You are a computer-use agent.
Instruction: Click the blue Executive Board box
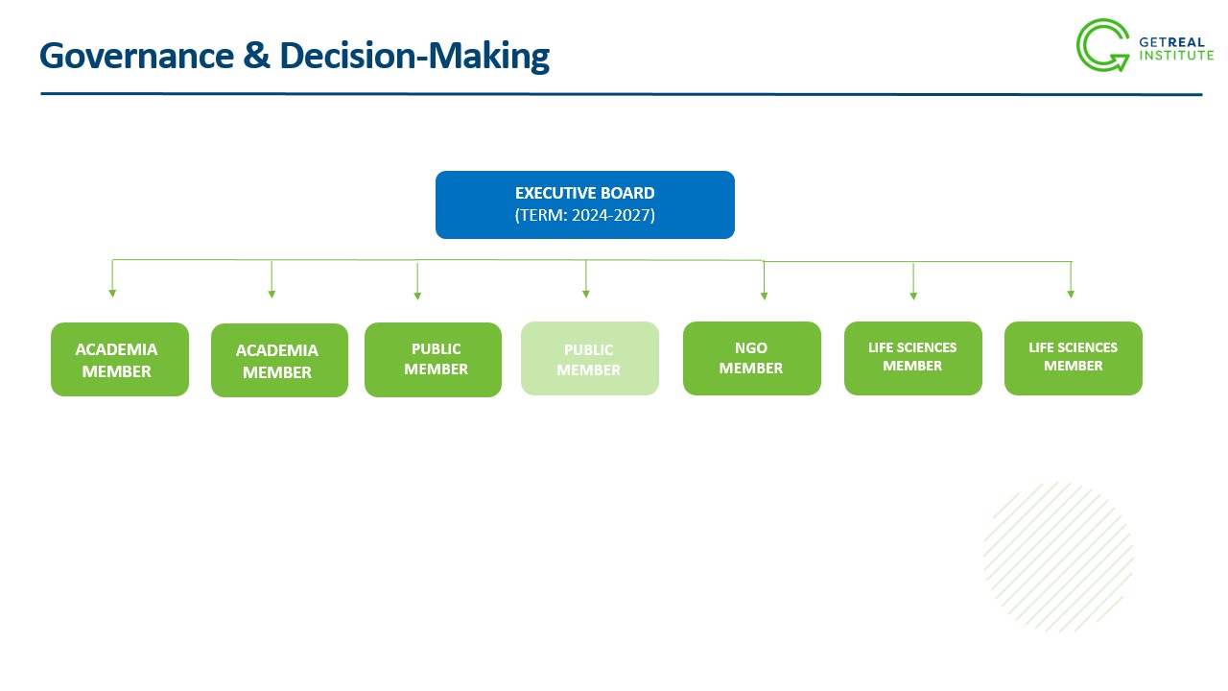[585, 204]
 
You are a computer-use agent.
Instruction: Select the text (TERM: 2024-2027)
[585, 215]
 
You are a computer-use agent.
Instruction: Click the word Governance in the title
[137, 56]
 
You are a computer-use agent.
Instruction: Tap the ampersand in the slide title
[257, 55]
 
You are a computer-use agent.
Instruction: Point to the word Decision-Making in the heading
[414, 57]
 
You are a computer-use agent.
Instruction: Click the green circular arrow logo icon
[1102, 45]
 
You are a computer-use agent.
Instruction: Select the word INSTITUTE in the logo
[1176, 56]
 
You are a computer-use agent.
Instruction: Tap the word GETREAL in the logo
[1171, 42]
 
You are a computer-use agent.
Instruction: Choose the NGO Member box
[751, 358]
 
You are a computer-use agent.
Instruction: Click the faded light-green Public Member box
[590, 358]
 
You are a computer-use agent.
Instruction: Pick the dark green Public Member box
[433, 360]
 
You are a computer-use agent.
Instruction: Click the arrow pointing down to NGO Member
[764, 280]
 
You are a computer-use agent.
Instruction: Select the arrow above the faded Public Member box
[585, 278]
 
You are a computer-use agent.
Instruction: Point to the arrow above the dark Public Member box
[417, 281]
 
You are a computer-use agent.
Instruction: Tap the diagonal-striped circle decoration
[1058, 557]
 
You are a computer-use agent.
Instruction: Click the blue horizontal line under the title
[622, 94]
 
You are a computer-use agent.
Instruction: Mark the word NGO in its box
[751, 347]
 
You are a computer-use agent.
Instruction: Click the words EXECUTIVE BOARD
[585, 193]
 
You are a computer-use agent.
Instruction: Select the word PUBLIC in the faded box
[589, 350]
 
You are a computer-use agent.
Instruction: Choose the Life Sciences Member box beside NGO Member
[913, 358]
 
